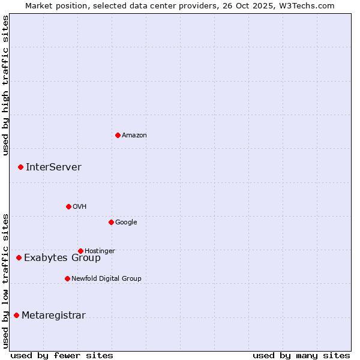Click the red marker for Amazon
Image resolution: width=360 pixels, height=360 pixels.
[118, 135]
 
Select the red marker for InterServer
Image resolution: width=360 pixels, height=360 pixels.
[20, 167]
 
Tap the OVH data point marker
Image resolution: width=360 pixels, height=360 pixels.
[68, 206]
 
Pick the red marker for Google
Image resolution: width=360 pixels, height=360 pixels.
[111, 222]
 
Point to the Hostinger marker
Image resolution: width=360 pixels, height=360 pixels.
[80, 251]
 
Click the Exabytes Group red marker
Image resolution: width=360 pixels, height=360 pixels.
[19, 257]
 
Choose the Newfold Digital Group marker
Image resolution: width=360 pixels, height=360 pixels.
[67, 278]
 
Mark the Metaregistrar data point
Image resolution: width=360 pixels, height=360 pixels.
[16, 315]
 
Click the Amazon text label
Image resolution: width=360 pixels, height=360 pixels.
[134, 136]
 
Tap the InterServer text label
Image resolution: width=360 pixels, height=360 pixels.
[53, 167]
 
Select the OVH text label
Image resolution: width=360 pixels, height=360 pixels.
[80, 207]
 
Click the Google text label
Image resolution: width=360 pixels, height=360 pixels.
[126, 223]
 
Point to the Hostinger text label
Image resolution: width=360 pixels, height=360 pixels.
[100, 251]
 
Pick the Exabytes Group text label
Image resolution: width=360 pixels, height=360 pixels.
[62, 258]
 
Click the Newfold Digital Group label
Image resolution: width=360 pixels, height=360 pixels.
[106, 278]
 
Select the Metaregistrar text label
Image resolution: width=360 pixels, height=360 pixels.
[53, 316]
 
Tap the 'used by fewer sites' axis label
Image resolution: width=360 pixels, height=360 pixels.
[62, 355]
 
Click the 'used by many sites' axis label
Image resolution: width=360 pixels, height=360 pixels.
[301, 355]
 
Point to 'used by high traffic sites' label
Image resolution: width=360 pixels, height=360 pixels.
[5, 85]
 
